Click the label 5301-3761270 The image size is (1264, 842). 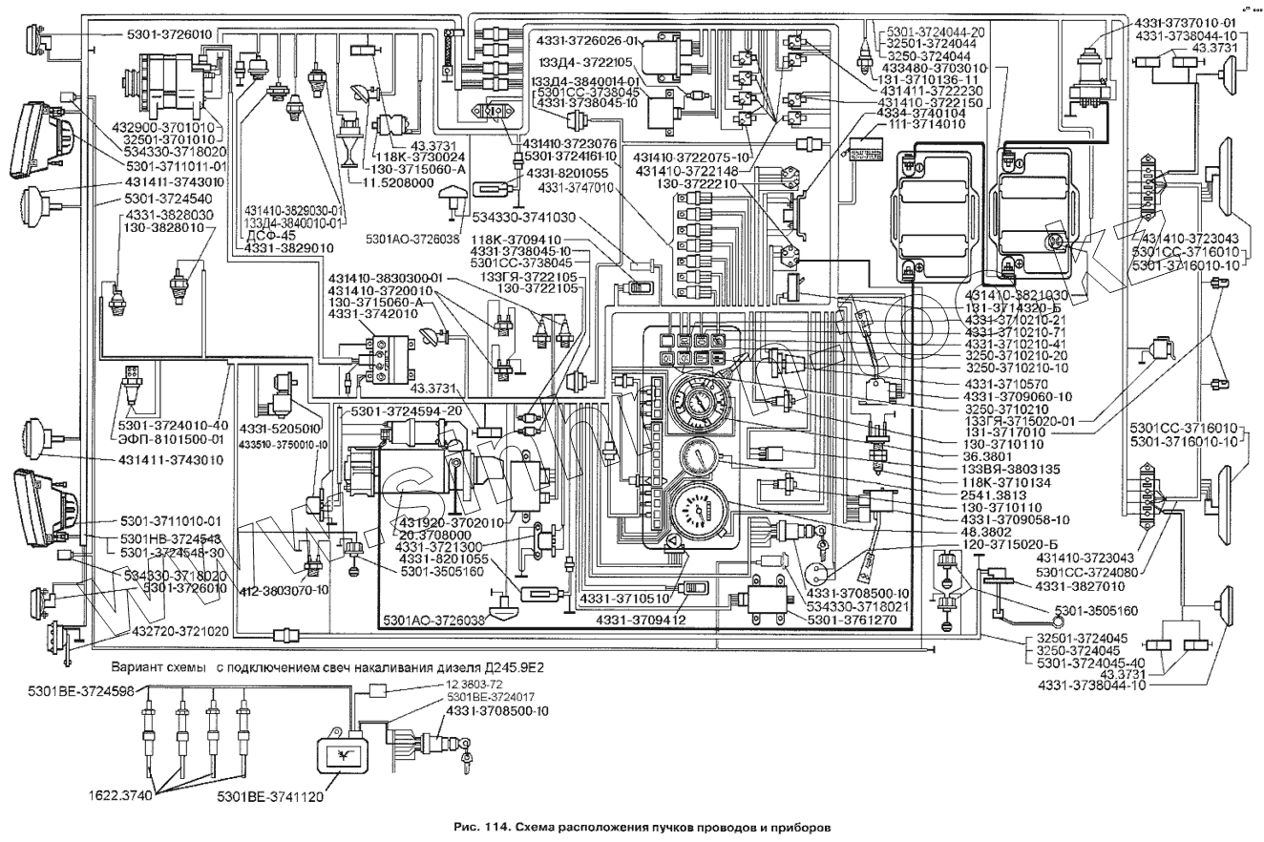852,619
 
